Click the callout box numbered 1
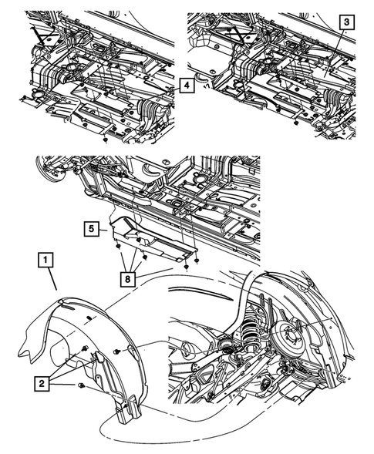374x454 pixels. click(45, 260)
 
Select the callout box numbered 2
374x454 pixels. click(42, 384)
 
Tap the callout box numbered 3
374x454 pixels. click(346, 22)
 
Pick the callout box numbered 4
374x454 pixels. click(187, 86)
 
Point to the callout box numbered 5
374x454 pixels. click(92, 230)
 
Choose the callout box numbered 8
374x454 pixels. click(128, 279)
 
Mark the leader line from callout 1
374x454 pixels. click(52, 278)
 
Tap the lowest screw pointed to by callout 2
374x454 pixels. click(81, 385)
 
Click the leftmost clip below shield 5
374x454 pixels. click(118, 246)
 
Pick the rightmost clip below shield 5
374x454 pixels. click(197, 261)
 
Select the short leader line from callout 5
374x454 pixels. click(103, 230)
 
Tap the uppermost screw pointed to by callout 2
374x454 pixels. click(85, 348)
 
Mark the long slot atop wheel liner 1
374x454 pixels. click(70, 308)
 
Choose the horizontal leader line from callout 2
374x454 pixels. click(62, 385)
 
